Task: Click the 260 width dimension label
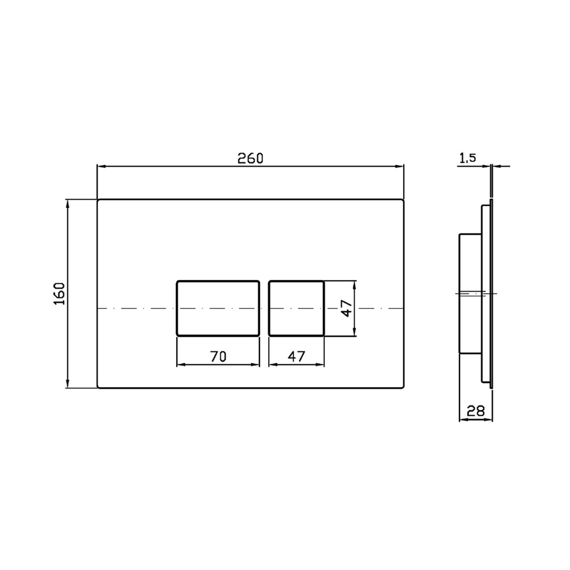[x=250, y=159]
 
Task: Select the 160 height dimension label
[x=60, y=294]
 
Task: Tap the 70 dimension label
[x=218, y=357]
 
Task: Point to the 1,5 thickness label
[x=468, y=158]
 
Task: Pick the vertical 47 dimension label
[x=347, y=308]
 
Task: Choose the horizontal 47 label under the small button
[x=296, y=357]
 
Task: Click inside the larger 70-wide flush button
[x=218, y=308]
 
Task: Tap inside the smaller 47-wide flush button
[x=296, y=308]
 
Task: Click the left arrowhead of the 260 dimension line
[x=101, y=166]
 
